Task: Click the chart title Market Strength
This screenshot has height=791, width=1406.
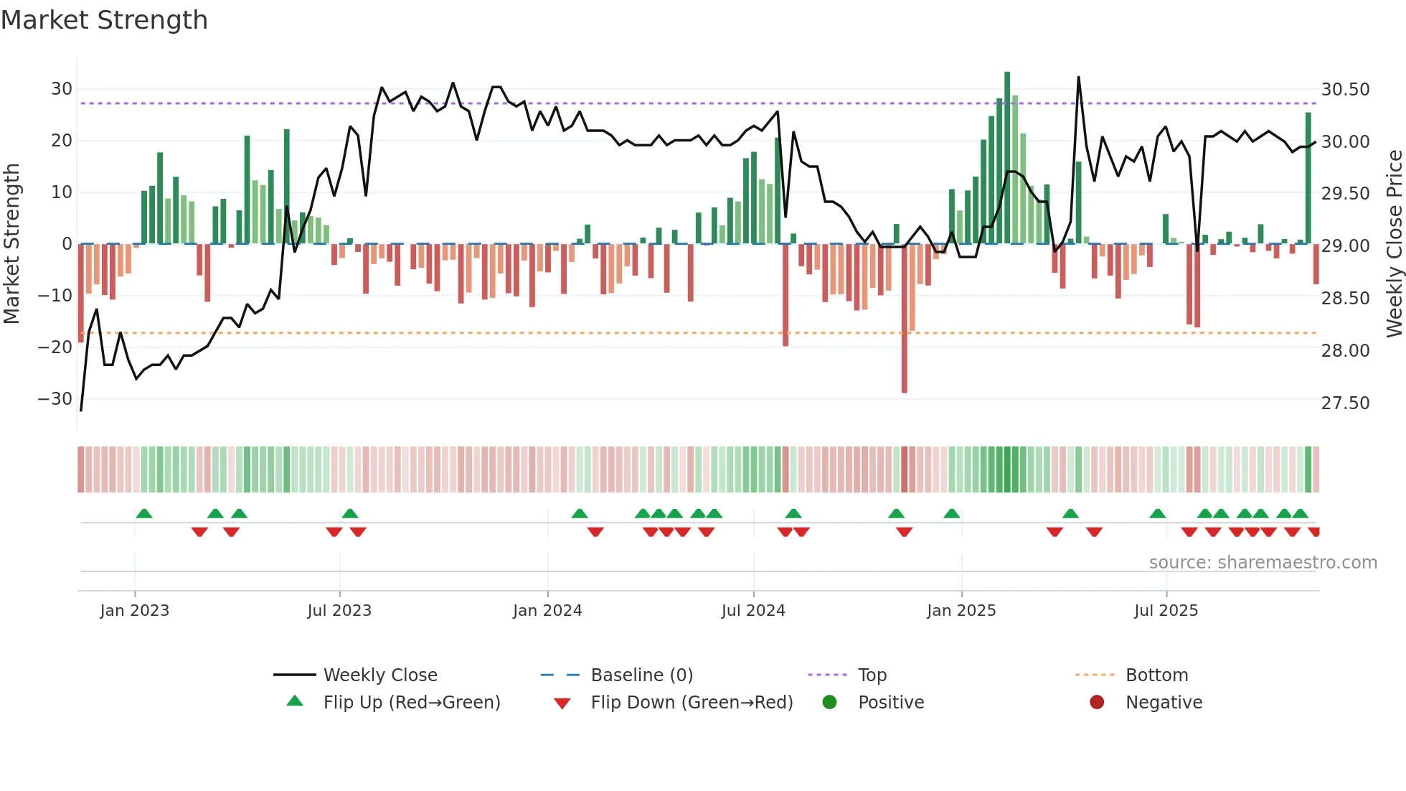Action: click(x=105, y=20)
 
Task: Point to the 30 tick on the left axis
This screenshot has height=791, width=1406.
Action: click(x=62, y=89)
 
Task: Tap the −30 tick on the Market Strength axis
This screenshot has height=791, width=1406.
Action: click(x=55, y=399)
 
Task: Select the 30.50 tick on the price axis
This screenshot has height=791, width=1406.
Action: click(x=1345, y=90)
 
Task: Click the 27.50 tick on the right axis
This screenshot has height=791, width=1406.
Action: click(x=1345, y=403)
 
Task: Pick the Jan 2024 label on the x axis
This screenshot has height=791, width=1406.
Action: click(x=547, y=611)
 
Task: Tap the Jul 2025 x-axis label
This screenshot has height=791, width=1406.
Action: click(x=1166, y=611)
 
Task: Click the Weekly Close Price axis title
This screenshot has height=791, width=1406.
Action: click(x=1394, y=244)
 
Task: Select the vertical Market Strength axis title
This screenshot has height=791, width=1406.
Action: click(x=12, y=244)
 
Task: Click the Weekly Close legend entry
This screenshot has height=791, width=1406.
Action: click(x=379, y=675)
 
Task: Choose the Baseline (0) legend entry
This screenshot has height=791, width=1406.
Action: click(x=641, y=675)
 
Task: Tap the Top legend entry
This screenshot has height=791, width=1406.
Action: click(x=872, y=675)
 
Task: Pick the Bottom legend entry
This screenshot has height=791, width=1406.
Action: click(x=1156, y=675)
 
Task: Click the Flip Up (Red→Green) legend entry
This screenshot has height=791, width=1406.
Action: click(x=411, y=703)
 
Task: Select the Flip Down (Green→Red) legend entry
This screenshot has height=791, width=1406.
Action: click(x=692, y=703)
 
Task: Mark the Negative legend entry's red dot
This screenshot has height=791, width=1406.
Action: click(x=1097, y=703)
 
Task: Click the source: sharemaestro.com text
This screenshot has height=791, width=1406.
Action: click(x=1263, y=563)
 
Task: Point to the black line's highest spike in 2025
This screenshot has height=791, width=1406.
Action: click(x=1078, y=78)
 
